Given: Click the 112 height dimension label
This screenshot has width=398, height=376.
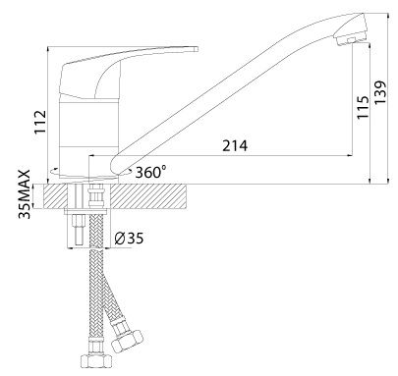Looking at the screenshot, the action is [x=40, y=122].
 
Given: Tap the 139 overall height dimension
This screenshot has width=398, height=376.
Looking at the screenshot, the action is [x=380, y=92].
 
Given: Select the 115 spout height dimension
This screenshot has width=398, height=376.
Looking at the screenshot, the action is [x=363, y=107].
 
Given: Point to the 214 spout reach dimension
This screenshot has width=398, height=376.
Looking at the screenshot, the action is [x=235, y=145].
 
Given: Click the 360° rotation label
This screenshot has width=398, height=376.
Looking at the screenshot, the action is [x=150, y=172].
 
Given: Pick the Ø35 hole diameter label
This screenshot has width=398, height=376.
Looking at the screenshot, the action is [x=129, y=239].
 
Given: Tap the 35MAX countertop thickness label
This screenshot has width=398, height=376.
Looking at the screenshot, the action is [x=25, y=194].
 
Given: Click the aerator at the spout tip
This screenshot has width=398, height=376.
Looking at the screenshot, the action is [x=350, y=40].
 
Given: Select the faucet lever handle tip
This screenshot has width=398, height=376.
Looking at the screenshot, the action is [x=196, y=49].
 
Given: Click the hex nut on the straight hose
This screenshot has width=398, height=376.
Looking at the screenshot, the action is [x=96, y=360].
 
